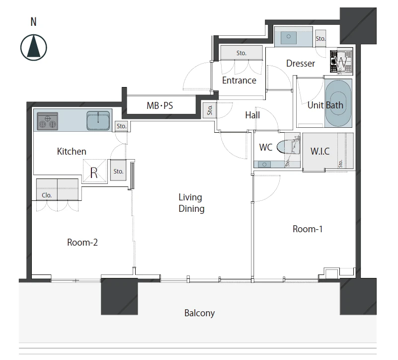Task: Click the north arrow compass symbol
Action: click(33, 48)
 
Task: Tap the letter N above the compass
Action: click(33, 22)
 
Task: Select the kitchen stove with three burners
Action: click(48, 121)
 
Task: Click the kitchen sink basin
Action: click(98, 120)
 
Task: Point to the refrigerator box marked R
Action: click(95, 171)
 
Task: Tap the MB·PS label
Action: click(159, 105)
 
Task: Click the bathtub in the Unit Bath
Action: click(338, 103)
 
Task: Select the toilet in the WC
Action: click(288, 147)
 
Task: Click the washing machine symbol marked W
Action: click(341, 62)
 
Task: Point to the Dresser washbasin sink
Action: click(289, 37)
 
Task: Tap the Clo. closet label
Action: click(47, 195)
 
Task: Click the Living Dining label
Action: click(191, 203)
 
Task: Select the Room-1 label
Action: click(308, 229)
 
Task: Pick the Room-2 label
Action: click(82, 242)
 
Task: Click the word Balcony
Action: click(200, 313)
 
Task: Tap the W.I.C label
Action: click(320, 152)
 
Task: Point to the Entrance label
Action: click(239, 80)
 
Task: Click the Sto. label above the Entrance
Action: click(241, 53)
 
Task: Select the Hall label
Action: click(252, 115)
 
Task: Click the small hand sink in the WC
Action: click(264, 165)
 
